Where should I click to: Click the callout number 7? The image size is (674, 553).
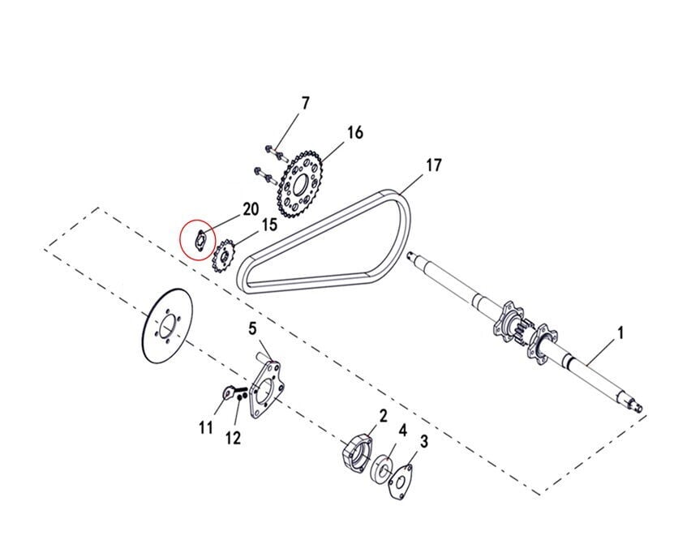(305, 104)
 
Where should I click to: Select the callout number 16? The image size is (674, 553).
(355, 133)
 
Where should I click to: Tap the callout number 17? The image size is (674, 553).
(434, 165)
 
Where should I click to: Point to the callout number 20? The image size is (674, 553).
(251, 209)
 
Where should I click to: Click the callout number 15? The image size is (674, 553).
(269, 225)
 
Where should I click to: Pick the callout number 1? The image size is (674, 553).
(620, 332)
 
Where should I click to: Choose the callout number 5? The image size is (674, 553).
(252, 329)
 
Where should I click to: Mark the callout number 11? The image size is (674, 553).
(206, 427)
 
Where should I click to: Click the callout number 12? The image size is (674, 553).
(233, 439)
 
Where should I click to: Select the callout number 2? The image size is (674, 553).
(383, 415)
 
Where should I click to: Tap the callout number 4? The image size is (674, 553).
(402, 430)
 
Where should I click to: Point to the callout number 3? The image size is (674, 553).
(424, 441)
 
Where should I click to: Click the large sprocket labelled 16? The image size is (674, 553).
(299, 184)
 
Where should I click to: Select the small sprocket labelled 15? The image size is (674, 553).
(224, 257)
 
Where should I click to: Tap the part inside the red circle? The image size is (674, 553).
(200, 241)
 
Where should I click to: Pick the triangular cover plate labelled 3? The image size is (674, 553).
(400, 482)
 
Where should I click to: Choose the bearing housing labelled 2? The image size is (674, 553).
(356, 454)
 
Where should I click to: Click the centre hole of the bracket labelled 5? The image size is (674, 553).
(266, 390)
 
